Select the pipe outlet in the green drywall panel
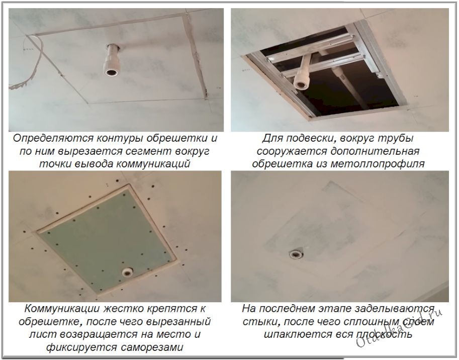(127, 272)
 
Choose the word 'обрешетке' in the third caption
(53, 321)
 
